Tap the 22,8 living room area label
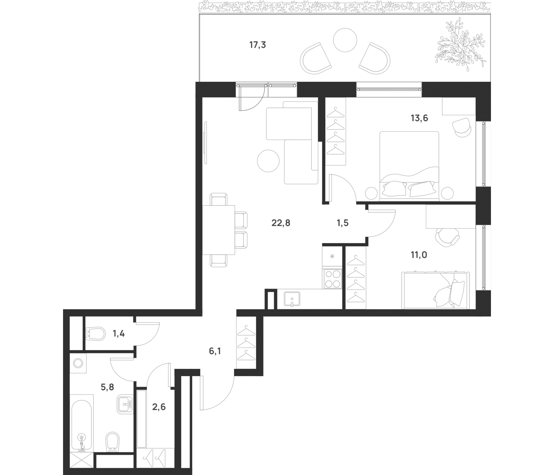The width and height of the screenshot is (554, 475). click(281, 223)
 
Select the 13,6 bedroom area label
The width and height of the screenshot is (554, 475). click(419, 118)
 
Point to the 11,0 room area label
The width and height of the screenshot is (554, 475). click(419, 255)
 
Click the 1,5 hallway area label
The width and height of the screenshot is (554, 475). click(343, 223)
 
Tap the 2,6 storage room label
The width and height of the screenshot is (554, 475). click(159, 407)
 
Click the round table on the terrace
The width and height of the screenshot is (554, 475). click(345, 40)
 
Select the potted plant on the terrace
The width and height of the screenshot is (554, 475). click(460, 44)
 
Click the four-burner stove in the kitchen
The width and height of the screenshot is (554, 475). click(333, 279)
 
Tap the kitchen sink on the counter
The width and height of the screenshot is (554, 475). click(292, 299)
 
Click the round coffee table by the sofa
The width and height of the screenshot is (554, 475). click(268, 161)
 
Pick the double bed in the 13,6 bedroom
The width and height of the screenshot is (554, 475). click(409, 166)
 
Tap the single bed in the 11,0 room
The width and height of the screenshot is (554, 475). click(436, 290)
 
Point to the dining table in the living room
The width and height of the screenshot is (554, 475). click(218, 230)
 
